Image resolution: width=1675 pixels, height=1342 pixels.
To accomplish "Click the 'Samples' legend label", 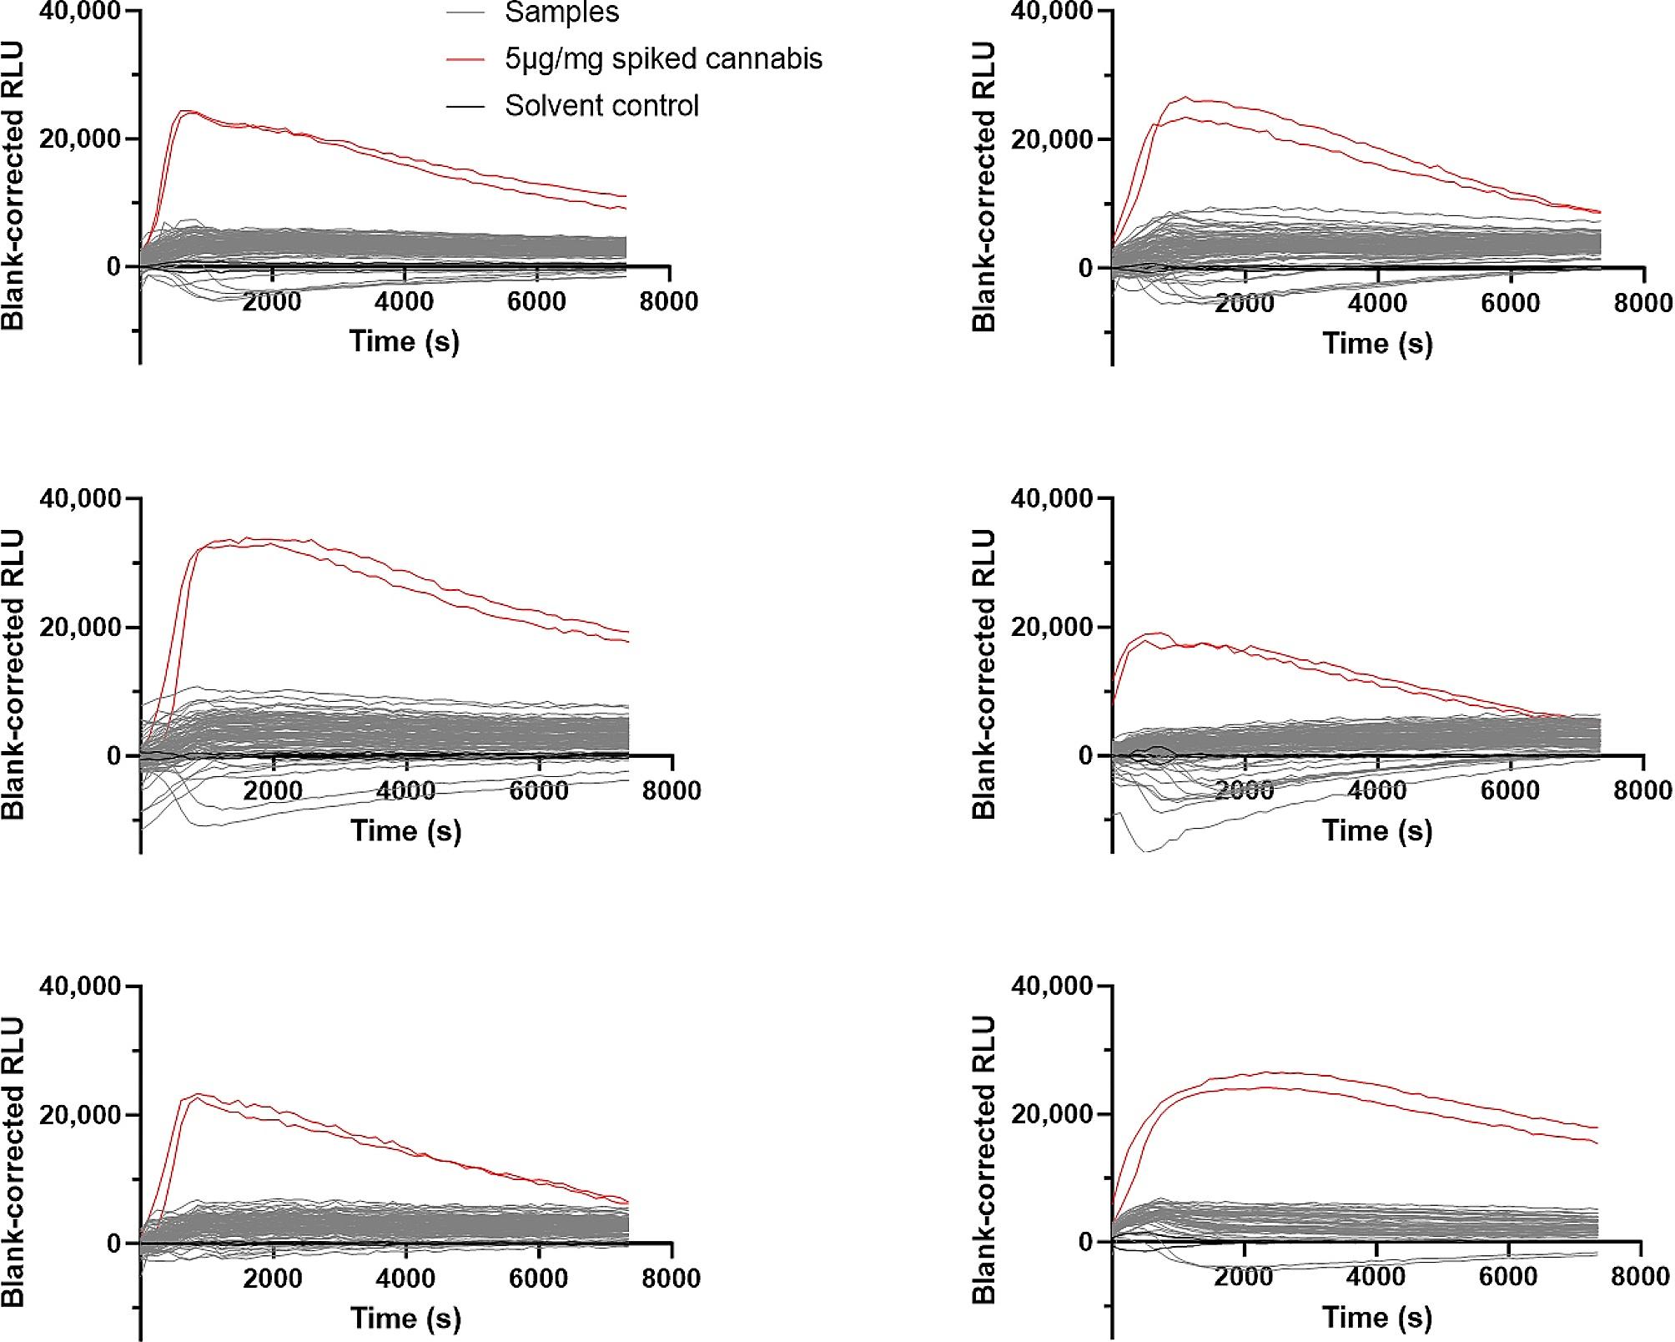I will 561,13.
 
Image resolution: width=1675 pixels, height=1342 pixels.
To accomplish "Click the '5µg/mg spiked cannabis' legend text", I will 663,58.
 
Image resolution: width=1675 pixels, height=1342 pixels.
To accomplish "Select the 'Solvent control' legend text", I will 601,106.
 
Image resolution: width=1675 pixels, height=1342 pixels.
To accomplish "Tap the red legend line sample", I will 465,59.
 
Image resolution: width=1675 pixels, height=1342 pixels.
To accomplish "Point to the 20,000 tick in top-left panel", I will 80,139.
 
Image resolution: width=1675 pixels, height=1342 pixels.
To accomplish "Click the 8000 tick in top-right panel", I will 1642,302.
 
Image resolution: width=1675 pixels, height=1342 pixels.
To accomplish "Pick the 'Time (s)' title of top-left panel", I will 405,341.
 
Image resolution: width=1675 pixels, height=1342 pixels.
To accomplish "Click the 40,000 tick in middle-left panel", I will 80,498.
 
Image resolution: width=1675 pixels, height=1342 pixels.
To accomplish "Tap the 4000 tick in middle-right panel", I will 1377,790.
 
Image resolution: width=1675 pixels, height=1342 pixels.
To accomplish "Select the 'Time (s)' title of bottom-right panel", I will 1377,1318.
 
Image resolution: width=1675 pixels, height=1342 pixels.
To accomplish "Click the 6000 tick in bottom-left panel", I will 537,1278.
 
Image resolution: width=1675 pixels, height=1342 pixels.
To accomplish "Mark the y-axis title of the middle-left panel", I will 13,674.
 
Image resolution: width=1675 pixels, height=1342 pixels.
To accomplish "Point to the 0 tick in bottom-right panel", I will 1084,1243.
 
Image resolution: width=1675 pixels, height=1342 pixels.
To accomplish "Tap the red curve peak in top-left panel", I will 189,110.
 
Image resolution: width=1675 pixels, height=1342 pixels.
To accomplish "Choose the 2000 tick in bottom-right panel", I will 1244,1276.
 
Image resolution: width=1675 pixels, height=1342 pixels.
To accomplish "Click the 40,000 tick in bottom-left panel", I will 80,986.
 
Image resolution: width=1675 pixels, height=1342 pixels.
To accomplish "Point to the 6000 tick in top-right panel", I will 1510,302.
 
